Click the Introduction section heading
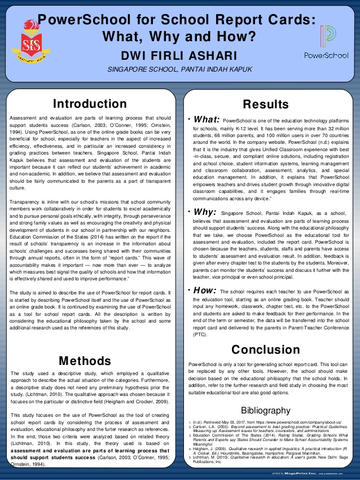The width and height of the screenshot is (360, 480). [89, 104]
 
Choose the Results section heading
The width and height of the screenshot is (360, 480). [265, 104]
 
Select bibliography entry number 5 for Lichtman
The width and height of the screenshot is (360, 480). [265, 459]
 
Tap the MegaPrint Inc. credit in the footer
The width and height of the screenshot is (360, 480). [298, 474]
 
